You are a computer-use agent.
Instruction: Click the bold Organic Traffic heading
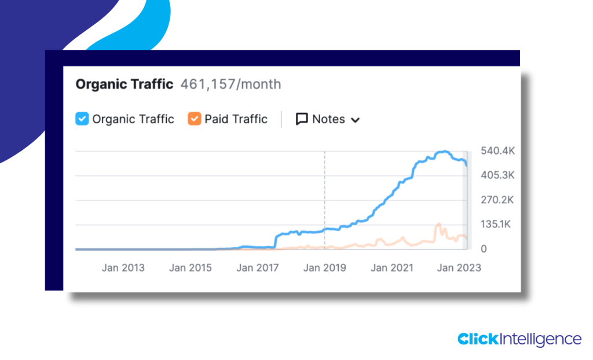(125, 85)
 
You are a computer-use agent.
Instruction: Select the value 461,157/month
(230, 85)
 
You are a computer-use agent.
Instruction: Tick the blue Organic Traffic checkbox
(82, 119)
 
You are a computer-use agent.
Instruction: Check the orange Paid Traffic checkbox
(194, 119)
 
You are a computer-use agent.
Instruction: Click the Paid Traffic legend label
(236, 119)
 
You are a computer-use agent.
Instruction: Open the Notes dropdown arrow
(356, 120)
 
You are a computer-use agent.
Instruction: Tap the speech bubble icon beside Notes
(302, 119)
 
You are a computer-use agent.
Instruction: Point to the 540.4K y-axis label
(497, 151)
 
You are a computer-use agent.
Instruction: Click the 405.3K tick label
(497, 175)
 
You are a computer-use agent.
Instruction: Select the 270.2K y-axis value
(497, 200)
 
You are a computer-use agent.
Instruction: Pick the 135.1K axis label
(497, 225)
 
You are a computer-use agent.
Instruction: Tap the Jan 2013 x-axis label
(123, 268)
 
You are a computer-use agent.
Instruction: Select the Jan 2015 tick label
(191, 268)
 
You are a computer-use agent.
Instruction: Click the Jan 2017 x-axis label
(258, 268)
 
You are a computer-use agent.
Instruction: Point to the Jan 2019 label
(325, 268)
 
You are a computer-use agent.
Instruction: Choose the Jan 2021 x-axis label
(392, 268)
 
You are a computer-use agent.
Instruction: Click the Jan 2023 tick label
(459, 268)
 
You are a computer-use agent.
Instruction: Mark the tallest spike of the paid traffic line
(439, 224)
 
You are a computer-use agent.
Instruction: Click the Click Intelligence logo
(519, 339)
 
